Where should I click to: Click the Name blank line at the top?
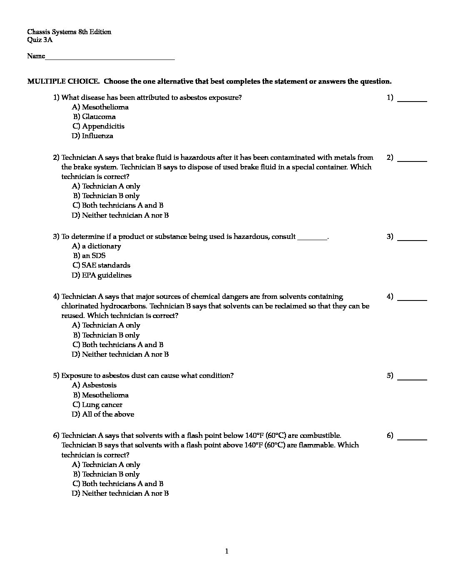(x=110, y=57)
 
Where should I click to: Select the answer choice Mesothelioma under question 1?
(x=100, y=107)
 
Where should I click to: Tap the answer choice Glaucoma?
(x=95, y=117)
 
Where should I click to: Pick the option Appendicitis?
(x=98, y=126)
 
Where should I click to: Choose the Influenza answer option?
(x=92, y=136)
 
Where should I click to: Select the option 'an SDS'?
(x=89, y=256)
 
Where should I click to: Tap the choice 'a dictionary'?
(x=97, y=246)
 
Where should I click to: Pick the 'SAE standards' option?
(x=101, y=265)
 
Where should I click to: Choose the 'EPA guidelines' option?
(x=102, y=275)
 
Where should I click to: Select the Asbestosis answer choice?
(x=95, y=385)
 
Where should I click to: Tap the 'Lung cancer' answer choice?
(x=97, y=405)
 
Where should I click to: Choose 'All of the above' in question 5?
(x=103, y=414)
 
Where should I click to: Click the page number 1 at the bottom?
(x=226, y=551)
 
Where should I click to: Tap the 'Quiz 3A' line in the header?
(x=40, y=40)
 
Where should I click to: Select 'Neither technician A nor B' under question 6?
(x=120, y=493)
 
